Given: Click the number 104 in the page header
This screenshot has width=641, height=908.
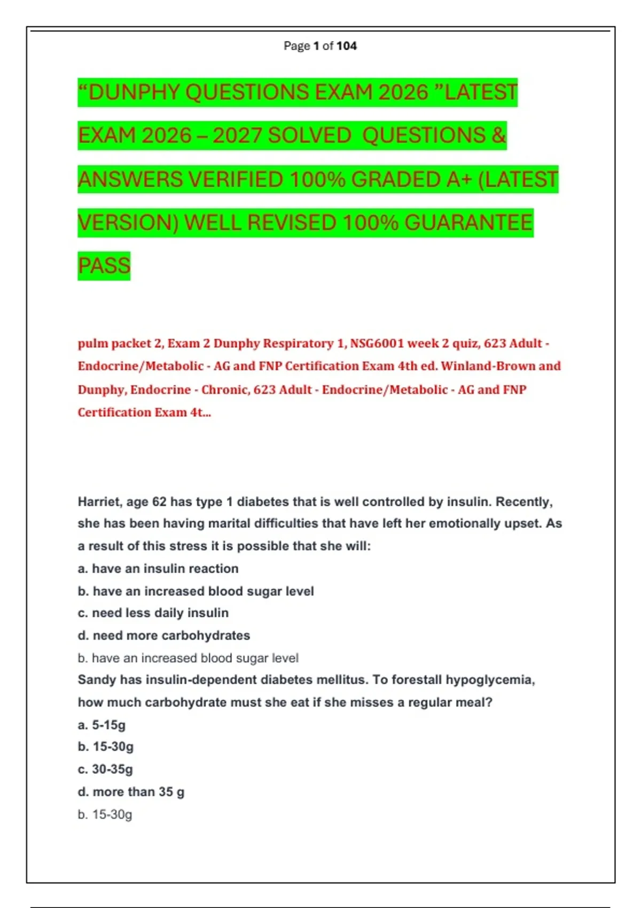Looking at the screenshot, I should click(x=347, y=46).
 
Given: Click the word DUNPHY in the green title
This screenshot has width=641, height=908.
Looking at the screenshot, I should click(x=134, y=92).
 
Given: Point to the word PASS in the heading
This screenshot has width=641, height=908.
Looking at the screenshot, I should click(x=104, y=265).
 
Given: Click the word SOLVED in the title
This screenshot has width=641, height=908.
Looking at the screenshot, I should click(x=309, y=136).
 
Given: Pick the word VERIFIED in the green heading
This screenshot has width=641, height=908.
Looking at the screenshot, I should click(x=236, y=179).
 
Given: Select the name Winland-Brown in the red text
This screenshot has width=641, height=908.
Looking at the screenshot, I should click(x=488, y=366).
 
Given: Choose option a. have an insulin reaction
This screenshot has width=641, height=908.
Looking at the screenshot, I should click(x=158, y=569).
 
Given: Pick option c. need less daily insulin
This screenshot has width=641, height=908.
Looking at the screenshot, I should click(x=153, y=613).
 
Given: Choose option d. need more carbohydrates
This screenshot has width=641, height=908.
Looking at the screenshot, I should click(x=164, y=636).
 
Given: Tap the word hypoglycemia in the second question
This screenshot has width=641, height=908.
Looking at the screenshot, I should click(x=490, y=680).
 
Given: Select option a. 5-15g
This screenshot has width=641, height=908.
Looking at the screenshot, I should click(x=101, y=725).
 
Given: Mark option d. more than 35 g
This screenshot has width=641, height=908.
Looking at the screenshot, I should click(x=131, y=792).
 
